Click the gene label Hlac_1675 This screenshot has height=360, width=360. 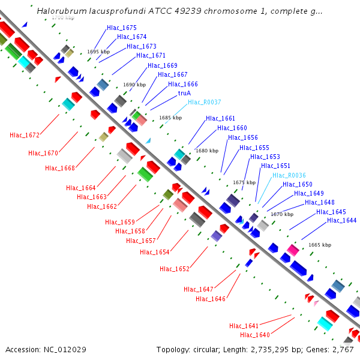[122, 28]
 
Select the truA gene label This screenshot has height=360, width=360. [184, 94]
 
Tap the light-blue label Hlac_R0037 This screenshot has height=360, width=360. [205, 102]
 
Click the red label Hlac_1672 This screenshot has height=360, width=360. [25, 135]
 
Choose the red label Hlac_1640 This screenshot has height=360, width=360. [255, 335]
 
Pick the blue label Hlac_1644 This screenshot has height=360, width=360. [342, 220]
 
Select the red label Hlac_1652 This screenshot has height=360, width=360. [175, 268]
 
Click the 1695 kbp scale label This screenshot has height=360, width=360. [98, 52]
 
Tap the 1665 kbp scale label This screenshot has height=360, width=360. [320, 245]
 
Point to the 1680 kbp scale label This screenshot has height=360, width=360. [207, 151]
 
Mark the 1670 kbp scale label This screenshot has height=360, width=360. [282, 214]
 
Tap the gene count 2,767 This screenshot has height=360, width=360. [341, 349]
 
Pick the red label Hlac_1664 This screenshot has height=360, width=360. [81, 188]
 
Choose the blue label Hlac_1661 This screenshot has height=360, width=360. [221, 118]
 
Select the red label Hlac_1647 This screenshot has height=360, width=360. [199, 289]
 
